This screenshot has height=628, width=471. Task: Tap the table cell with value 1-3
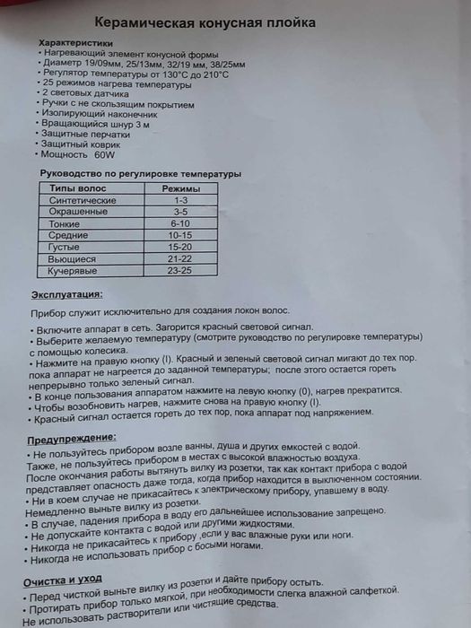180,201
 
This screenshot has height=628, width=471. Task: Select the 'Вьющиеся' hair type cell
68,258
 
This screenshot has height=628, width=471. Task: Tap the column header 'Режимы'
179,188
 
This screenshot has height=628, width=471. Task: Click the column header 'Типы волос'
77,189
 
